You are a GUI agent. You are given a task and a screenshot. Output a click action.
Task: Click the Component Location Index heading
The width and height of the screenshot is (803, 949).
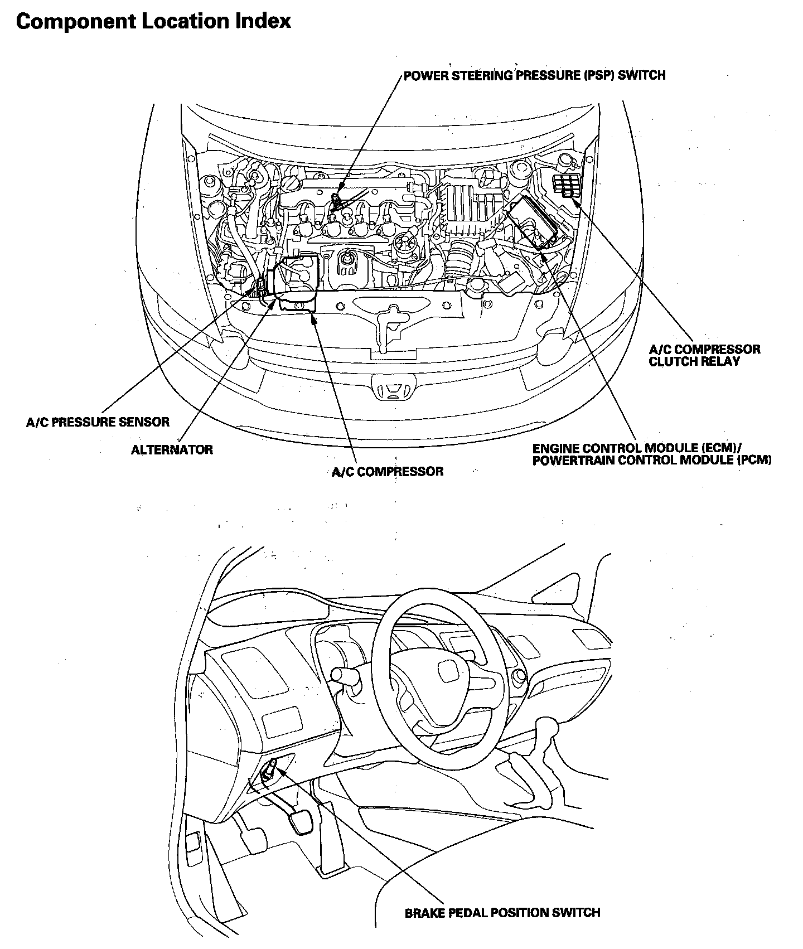pyautogui.click(x=153, y=21)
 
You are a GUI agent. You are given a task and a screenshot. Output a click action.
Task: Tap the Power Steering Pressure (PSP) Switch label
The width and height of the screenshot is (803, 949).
pyautogui.click(x=534, y=75)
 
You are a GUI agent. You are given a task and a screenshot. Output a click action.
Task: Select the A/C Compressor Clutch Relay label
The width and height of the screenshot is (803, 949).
pyautogui.click(x=704, y=355)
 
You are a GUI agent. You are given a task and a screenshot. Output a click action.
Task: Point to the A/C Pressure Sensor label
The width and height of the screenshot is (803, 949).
pyautogui.click(x=98, y=422)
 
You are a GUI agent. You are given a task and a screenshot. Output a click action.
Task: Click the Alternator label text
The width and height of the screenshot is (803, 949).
pyautogui.click(x=172, y=449)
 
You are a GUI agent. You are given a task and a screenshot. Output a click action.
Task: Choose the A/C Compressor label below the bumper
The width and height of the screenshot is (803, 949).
pyautogui.click(x=388, y=472)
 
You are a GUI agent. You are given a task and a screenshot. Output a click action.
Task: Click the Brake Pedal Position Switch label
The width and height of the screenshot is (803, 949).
pyautogui.click(x=502, y=913)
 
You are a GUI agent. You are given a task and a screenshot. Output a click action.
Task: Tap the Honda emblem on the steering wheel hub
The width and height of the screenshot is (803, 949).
pyautogui.click(x=447, y=671)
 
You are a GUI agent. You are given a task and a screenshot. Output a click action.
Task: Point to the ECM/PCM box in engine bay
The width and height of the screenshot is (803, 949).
pyautogui.click(x=533, y=221)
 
